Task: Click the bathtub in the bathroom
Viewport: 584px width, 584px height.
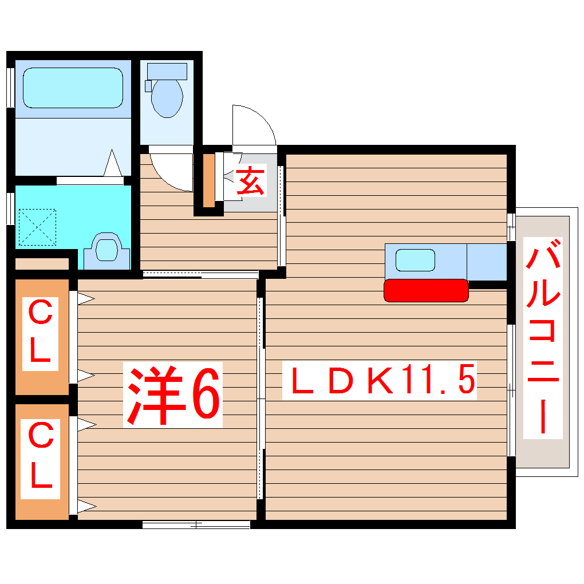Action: pos(73,88)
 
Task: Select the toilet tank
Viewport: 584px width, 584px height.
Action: pos(167,71)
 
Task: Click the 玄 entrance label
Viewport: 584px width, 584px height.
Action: pos(250,181)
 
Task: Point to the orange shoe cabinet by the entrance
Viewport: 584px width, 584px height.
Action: pos(209,180)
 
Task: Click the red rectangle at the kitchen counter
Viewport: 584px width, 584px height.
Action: pos(425,290)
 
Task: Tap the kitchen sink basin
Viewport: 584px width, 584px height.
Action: pos(415,260)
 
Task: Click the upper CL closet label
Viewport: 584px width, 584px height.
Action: pos(40,336)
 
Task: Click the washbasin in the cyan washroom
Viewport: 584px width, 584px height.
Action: pos(106,250)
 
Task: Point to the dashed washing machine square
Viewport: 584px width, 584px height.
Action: pos(37,227)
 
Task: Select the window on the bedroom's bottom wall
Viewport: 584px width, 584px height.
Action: pos(196,524)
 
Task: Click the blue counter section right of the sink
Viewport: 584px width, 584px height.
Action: pos(487,262)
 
